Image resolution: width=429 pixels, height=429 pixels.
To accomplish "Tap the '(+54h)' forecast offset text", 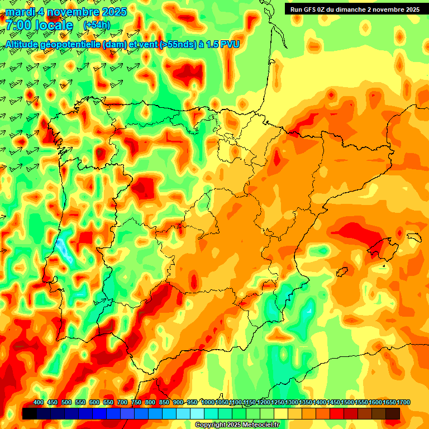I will [x=97, y=25].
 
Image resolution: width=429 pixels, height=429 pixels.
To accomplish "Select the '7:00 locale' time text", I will [x=40, y=25].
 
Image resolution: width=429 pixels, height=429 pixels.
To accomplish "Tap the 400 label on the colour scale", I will [x=39, y=403].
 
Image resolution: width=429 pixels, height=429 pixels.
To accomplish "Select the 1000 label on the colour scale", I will [x=208, y=403].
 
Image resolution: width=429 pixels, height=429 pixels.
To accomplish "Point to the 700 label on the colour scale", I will [x=122, y=403].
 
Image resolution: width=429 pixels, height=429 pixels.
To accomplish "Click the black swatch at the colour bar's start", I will [x=30, y=413].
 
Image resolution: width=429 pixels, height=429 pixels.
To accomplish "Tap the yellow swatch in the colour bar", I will [x=281, y=413].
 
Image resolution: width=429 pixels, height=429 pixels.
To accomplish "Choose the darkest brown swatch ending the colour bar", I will [x=393, y=413].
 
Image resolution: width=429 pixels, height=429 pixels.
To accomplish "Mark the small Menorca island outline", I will [x=414, y=237].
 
